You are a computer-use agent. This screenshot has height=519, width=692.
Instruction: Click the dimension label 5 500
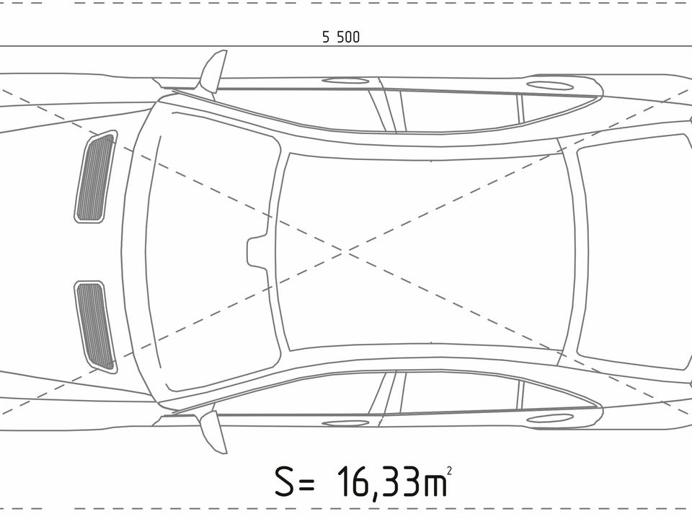tap(341, 37)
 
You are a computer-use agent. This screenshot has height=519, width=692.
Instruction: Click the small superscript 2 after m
tap(449, 471)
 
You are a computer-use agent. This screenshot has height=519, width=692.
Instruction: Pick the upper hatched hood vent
tap(95, 177)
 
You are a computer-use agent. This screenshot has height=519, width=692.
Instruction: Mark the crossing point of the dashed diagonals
tap(345, 251)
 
